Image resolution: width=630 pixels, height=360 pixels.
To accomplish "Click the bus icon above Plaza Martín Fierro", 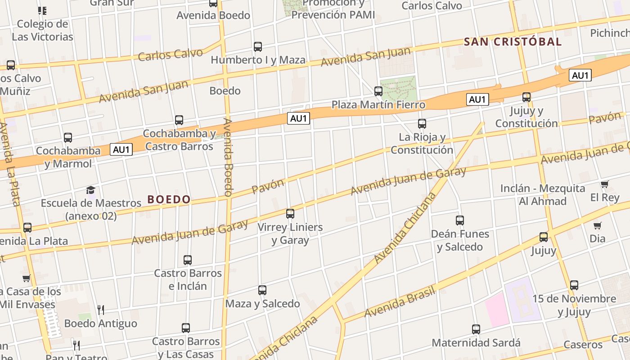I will point(378,91).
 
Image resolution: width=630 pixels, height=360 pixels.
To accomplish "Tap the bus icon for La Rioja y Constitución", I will point(422,123).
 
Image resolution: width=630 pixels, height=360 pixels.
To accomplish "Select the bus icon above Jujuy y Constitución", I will point(526,97).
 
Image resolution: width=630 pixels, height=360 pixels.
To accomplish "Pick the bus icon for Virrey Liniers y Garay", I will point(290,214).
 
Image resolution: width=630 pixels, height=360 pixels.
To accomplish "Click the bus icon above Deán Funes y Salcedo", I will point(460,220).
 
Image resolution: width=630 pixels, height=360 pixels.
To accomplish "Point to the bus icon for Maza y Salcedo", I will point(262,290).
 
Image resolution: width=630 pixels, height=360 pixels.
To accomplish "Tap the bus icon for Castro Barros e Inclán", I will point(188,260).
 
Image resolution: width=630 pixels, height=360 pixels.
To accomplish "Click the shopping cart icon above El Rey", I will point(604,184).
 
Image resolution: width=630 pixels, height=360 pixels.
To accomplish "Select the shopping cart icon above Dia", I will point(597,225).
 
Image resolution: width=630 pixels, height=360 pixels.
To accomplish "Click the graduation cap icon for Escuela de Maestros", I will point(91,190).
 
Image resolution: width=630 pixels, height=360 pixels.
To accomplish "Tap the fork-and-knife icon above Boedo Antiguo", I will point(101,310).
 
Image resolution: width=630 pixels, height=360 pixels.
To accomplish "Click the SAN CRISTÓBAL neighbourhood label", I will point(513,42).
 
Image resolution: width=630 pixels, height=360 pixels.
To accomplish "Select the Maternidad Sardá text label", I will point(476,343).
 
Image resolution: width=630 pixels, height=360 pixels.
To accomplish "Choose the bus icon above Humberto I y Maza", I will point(258,46).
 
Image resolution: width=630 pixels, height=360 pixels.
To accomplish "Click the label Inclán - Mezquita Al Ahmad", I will point(543,194).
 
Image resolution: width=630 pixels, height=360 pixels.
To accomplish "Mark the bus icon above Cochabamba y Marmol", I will point(68,137).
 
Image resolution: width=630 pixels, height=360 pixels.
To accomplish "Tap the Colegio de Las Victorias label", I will point(42,30).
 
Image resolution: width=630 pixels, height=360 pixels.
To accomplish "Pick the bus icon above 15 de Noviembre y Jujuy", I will point(574,285).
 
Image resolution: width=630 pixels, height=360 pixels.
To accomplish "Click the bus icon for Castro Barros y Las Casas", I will point(186,328).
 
